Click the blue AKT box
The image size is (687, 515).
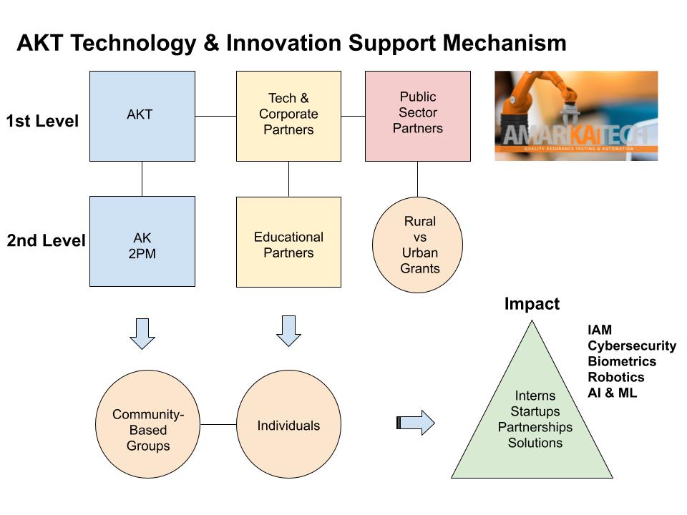coord(142,116)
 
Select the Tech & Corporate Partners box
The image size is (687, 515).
coord(288,116)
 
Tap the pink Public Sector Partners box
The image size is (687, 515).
coord(418,116)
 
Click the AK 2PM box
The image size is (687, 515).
coord(142,242)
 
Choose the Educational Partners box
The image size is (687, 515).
coord(288,242)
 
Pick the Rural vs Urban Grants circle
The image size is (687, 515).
coord(418,245)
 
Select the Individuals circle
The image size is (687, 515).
coord(288,426)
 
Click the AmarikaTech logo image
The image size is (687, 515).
coord(576,116)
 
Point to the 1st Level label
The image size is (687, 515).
coord(42,122)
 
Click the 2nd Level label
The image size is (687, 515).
coord(46,241)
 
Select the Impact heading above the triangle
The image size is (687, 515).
coord(532,303)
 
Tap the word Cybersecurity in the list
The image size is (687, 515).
coord(632,345)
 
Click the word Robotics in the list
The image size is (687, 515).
coord(616,377)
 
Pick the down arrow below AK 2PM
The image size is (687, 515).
coord(143,333)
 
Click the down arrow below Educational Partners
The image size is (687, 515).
coord(288,330)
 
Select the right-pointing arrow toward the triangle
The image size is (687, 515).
coord(416,422)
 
